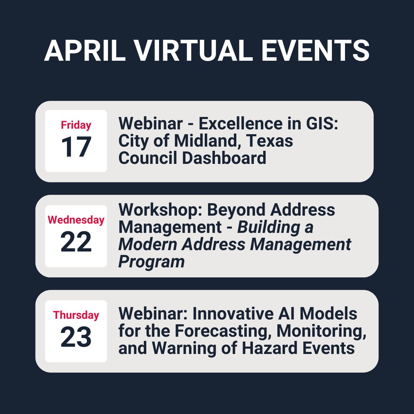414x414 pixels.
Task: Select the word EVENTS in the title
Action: click(x=315, y=51)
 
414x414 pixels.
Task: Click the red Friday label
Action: click(x=76, y=125)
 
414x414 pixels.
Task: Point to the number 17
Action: click(x=76, y=147)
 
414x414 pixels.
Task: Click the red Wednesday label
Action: click(x=76, y=220)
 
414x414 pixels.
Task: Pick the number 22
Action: click(x=76, y=242)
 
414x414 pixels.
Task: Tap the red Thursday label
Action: click(x=76, y=315)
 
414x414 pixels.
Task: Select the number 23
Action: click(x=76, y=337)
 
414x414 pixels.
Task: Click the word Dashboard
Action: click(x=224, y=158)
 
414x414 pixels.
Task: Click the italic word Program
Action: click(x=151, y=262)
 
